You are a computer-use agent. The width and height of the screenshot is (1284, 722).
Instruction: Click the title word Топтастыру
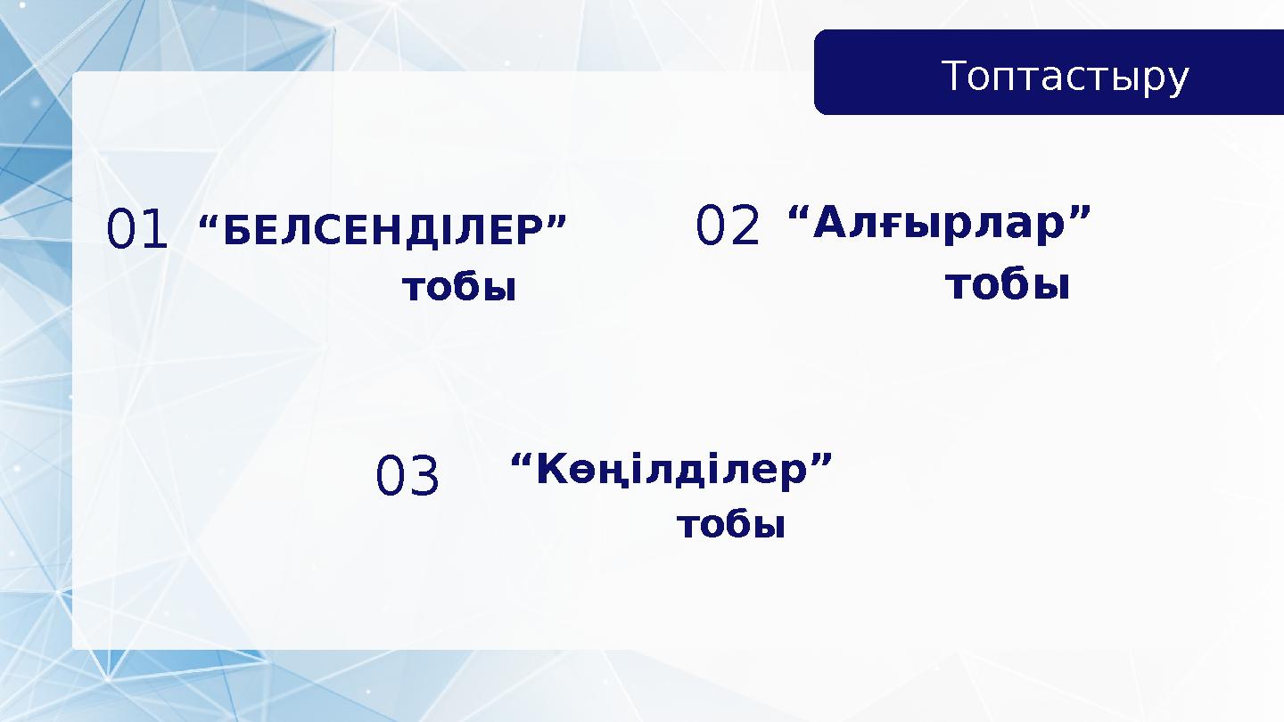tap(1066, 77)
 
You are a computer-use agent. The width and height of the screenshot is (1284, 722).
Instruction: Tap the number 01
tap(136, 229)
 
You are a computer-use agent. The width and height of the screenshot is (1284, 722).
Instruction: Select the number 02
tap(728, 226)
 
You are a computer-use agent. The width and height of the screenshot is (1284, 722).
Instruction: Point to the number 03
tap(407, 477)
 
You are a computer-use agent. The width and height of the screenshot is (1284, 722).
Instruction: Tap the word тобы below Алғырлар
tap(1008, 285)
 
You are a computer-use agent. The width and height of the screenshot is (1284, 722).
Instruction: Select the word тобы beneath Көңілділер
tap(731, 525)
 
